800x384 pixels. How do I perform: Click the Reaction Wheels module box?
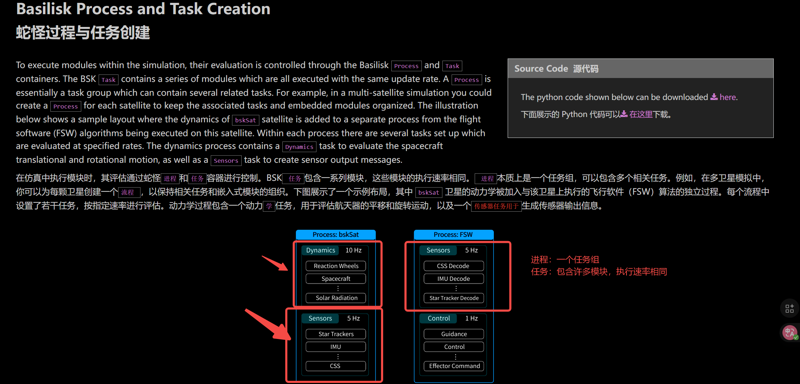coord(336,266)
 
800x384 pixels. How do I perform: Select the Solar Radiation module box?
coord(336,298)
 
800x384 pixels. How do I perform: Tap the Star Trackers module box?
coord(336,334)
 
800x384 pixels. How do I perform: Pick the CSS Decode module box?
coord(453,266)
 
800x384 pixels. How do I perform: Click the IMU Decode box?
coord(453,279)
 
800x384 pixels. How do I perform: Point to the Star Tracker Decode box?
coord(454,298)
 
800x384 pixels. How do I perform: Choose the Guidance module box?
coord(454,334)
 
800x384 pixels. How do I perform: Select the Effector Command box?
coord(454,366)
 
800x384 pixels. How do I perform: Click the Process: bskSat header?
coord(336,235)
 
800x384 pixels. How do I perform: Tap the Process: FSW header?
coord(453,235)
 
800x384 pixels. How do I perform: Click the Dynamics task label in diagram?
coord(320,250)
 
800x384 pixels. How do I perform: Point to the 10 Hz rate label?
coord(353,250)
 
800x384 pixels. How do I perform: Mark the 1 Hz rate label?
coord(471,318)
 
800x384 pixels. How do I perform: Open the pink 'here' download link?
coord(727,97)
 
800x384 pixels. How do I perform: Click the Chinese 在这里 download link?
coord(641,114)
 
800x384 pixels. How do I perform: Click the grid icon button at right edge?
coord(789,308)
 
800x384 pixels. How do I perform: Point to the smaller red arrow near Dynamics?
coord(275,263)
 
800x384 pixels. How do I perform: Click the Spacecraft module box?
coord(336,279)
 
